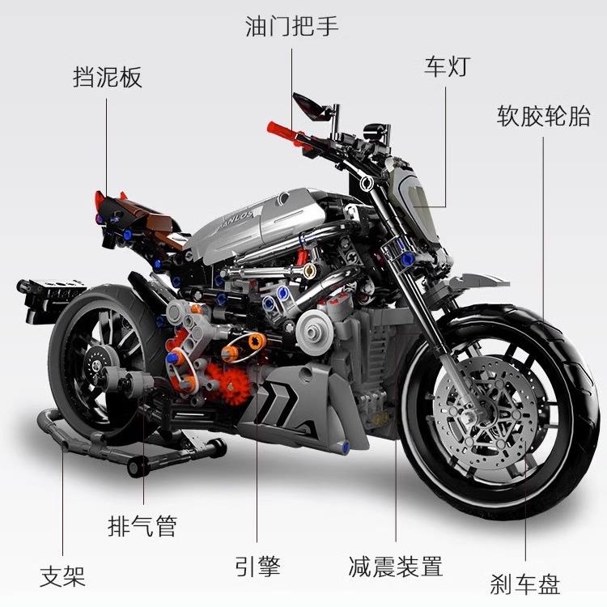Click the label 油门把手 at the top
click(291, 26)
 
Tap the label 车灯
click(445, 65)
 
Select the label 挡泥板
click(107, 77)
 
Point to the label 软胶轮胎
click(543, 116)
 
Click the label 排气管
click(142, 527)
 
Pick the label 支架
click(62, 576)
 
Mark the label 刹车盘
click(524, 583)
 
